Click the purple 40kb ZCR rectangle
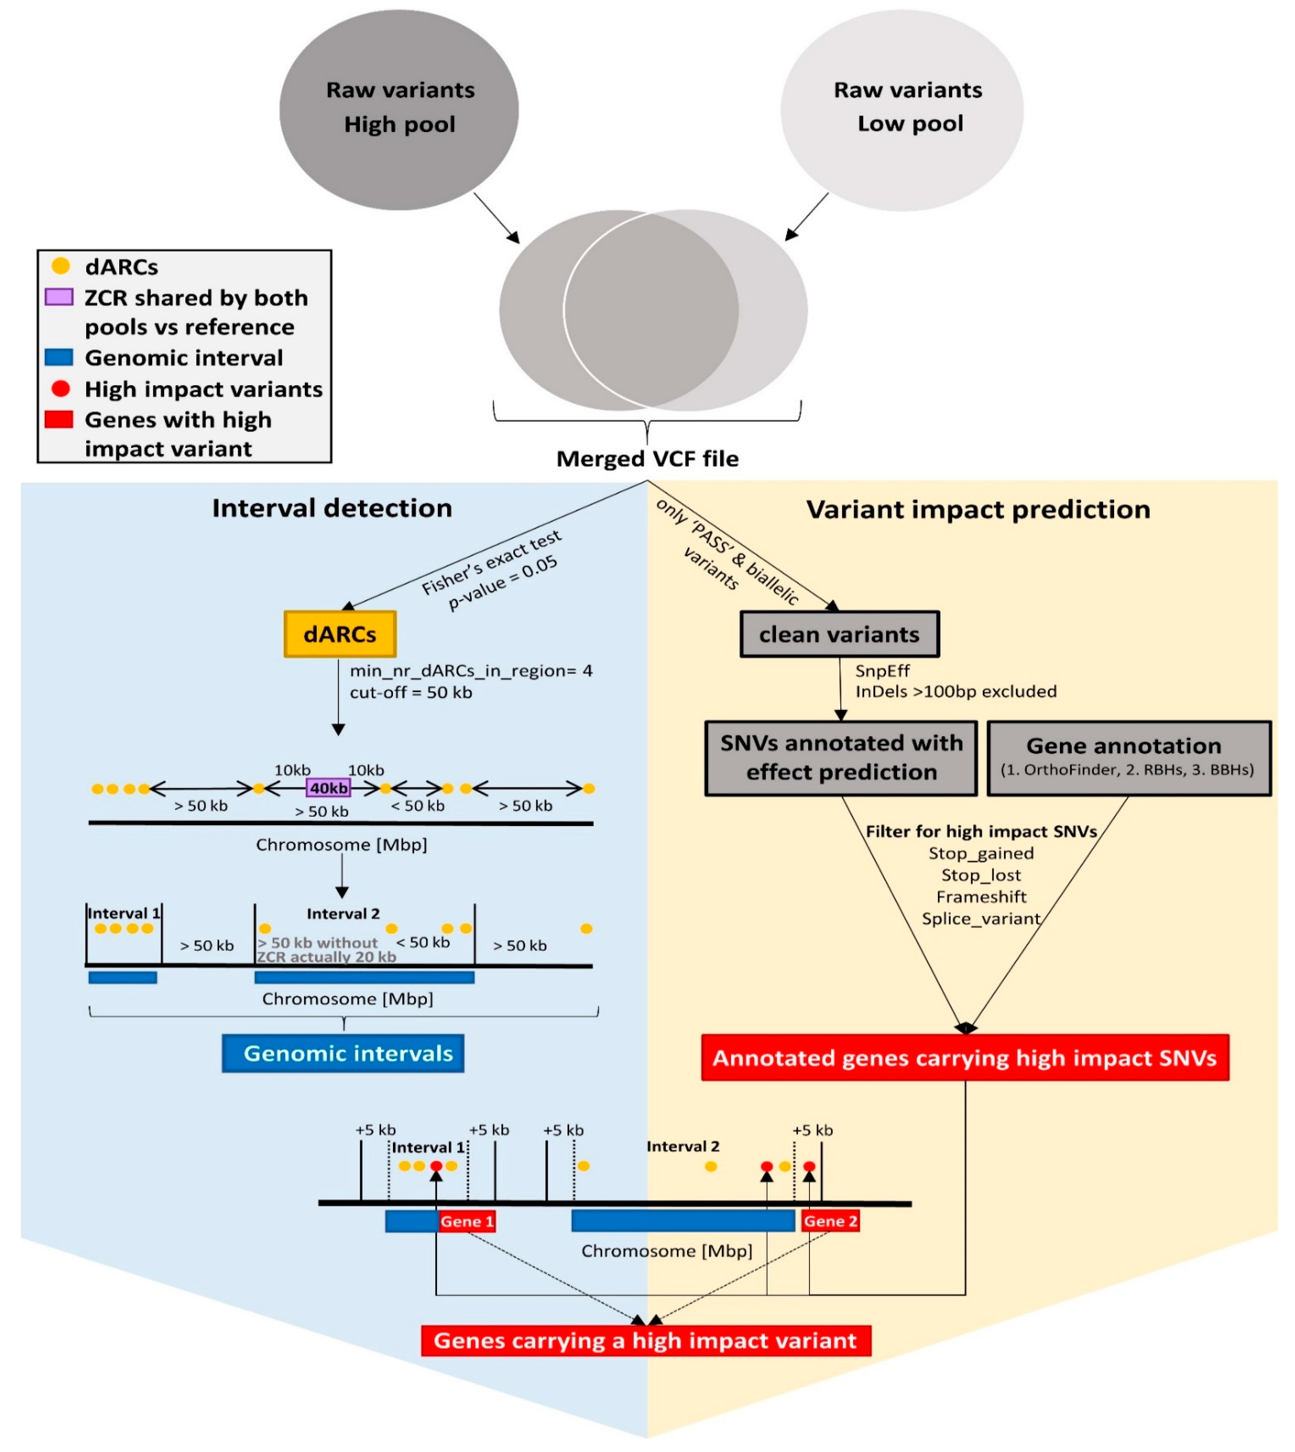(x=328, y=787)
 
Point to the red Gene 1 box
(x=467, y=1221)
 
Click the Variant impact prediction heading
(x=978, y=510)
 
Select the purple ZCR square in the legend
(x=59, y=297)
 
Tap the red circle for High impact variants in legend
(x=60, y=388)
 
